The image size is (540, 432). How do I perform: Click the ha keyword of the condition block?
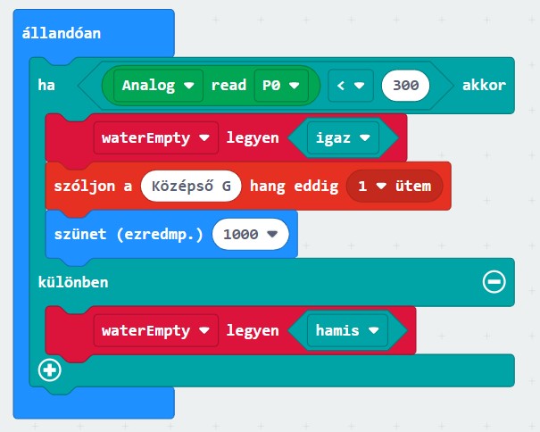46,86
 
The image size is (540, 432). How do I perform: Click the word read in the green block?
228,86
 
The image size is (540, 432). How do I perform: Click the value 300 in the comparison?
404,86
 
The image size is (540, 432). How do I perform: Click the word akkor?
484,86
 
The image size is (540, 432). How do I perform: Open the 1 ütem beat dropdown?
394,186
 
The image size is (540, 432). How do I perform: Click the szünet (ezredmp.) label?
123,234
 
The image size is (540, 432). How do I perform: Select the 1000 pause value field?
249,234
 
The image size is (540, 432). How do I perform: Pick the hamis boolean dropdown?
346,330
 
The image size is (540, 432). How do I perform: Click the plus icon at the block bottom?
50,368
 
